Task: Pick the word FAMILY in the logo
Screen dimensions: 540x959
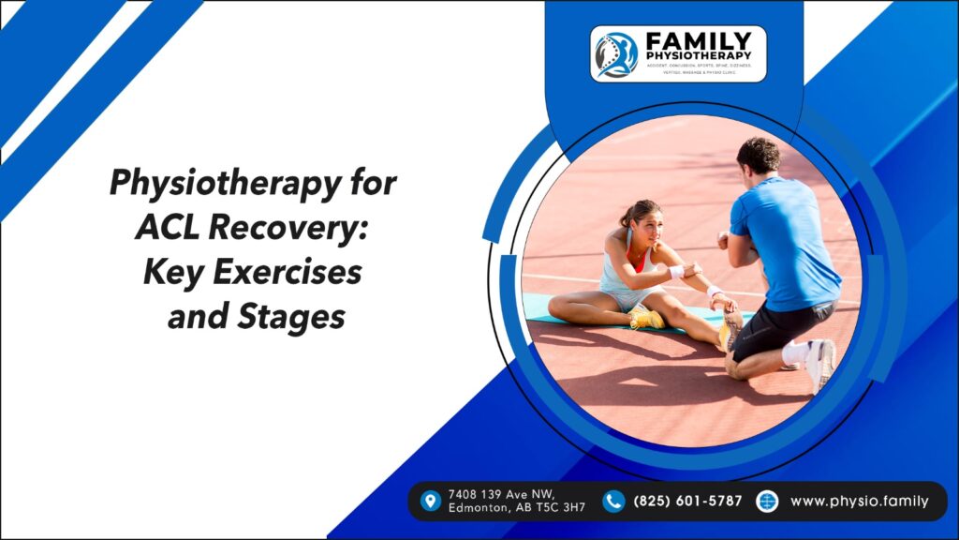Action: [x=697, y=41]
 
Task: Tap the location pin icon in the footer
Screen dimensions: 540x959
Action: [x=431, y=501]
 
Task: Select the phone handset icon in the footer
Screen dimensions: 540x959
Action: [x=613, y=501]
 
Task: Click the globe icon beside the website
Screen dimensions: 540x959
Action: [x=767, y=501]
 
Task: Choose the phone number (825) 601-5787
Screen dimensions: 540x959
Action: [x=687, y=501]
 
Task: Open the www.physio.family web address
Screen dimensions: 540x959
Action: [x=859, y=501]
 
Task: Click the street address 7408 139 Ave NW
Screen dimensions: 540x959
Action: [x=501, y=494]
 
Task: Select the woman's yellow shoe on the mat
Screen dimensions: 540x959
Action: [x=647, y=320]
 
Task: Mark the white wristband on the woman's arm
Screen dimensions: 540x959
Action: [x=676, y=272]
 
